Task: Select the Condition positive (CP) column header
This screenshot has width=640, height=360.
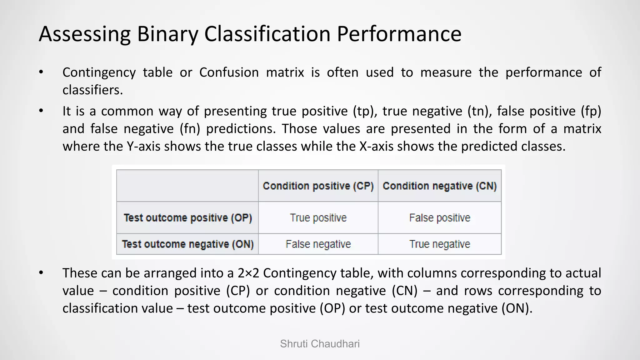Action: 318,186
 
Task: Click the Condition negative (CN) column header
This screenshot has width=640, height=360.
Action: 439,186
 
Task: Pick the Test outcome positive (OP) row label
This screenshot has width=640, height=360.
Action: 188,218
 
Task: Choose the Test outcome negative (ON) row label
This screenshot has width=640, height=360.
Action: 188,244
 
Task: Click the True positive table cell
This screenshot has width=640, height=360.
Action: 318,218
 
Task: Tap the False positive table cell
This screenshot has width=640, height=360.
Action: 439,218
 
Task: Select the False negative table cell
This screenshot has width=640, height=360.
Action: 318,244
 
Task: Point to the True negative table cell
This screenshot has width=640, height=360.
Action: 439,244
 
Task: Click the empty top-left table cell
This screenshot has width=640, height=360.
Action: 187,186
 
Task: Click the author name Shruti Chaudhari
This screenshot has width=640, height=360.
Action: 320,344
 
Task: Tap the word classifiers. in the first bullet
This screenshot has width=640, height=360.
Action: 92,90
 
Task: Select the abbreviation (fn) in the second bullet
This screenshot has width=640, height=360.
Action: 190,129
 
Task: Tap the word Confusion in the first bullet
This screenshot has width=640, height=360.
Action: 229,72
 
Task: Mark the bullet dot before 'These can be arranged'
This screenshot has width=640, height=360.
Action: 41,273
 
